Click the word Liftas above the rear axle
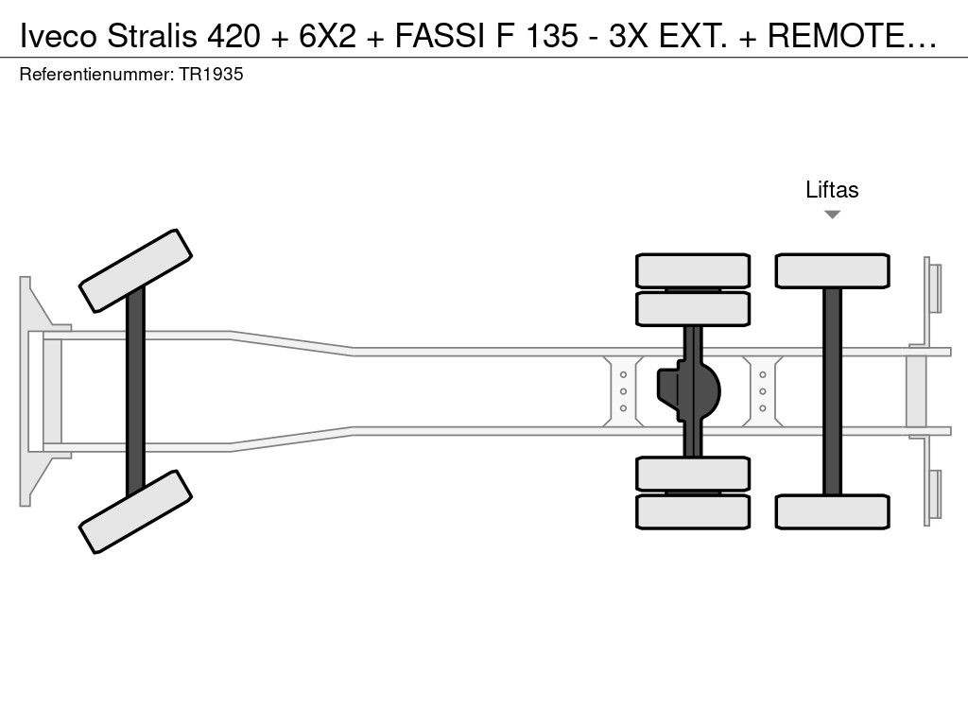click(832, 189)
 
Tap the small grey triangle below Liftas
click(832, 215)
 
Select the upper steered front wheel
click(135, 271)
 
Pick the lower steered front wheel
click(135, 511)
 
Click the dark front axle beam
click(135, 391)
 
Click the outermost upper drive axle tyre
click(693, 270)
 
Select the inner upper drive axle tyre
click(693, 309)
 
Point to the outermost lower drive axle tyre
click(693, 511)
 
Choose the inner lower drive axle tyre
click(693, 474)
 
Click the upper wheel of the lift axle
click(832, 270)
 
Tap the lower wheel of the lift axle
click(832, 511)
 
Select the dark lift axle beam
click(832, 391)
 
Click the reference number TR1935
click(211, 74)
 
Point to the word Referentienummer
click(96, 74)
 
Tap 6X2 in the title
click(328, 36)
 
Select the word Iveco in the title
click(59, 36)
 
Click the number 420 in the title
click(234, 36)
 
